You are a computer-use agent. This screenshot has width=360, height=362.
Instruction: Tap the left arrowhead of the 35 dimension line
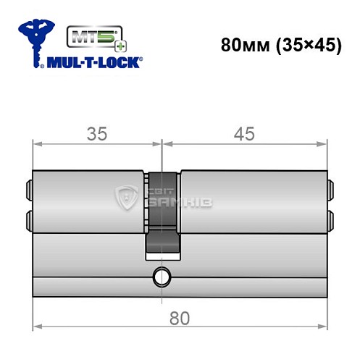[38, 144]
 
